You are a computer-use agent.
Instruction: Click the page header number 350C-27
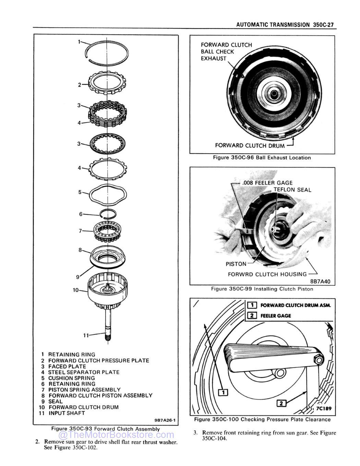click(323, 25)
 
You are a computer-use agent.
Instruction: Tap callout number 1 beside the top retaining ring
click(79, 42)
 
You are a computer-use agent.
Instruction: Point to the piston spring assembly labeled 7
click(108, 231)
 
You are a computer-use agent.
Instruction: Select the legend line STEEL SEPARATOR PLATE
click(84, 372)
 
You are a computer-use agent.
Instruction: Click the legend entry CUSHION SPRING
click(71, 378)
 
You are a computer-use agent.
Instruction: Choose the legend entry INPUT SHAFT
click(67, 413)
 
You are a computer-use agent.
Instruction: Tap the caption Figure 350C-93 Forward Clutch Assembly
click(105, 429)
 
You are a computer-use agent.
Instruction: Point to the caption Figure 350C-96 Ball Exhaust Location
click(262, 158)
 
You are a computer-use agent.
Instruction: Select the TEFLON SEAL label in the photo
click(292, 190)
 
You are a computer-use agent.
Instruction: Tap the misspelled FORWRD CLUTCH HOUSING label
click(267, 274)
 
